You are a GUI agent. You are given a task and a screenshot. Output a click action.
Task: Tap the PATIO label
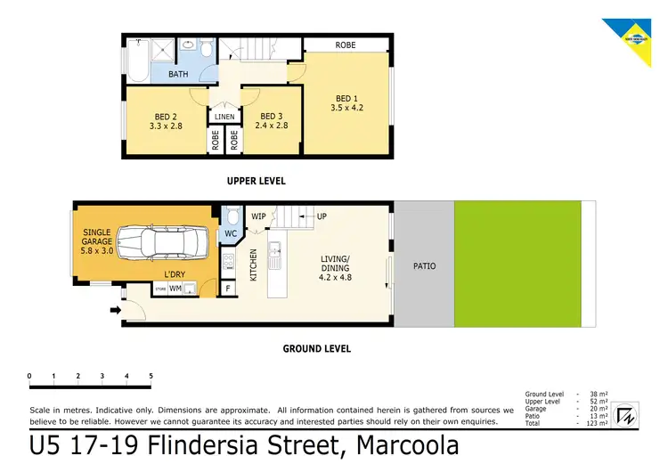[x=425, y=265]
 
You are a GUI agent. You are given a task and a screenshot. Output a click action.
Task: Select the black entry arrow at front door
[x=115, y=311]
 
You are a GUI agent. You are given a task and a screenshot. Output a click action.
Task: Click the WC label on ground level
[x=230, y=234]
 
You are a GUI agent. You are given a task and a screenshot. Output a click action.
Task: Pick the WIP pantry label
[x=259, y=216]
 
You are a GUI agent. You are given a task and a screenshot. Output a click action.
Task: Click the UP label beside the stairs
[x=322, y=216]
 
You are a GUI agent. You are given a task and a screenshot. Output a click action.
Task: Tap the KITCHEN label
[x=254, y=265]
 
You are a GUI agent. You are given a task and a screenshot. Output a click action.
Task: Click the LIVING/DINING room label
[x=336, y=268]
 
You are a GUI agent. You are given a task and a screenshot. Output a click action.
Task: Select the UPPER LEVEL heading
[x=256, y=181]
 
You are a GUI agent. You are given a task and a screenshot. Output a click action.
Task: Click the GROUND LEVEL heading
[x=316, y=349]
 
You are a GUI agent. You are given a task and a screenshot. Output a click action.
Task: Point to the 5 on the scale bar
[x=151, y=377]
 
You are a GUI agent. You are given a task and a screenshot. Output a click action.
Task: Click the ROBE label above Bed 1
[x=346, y=45]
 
